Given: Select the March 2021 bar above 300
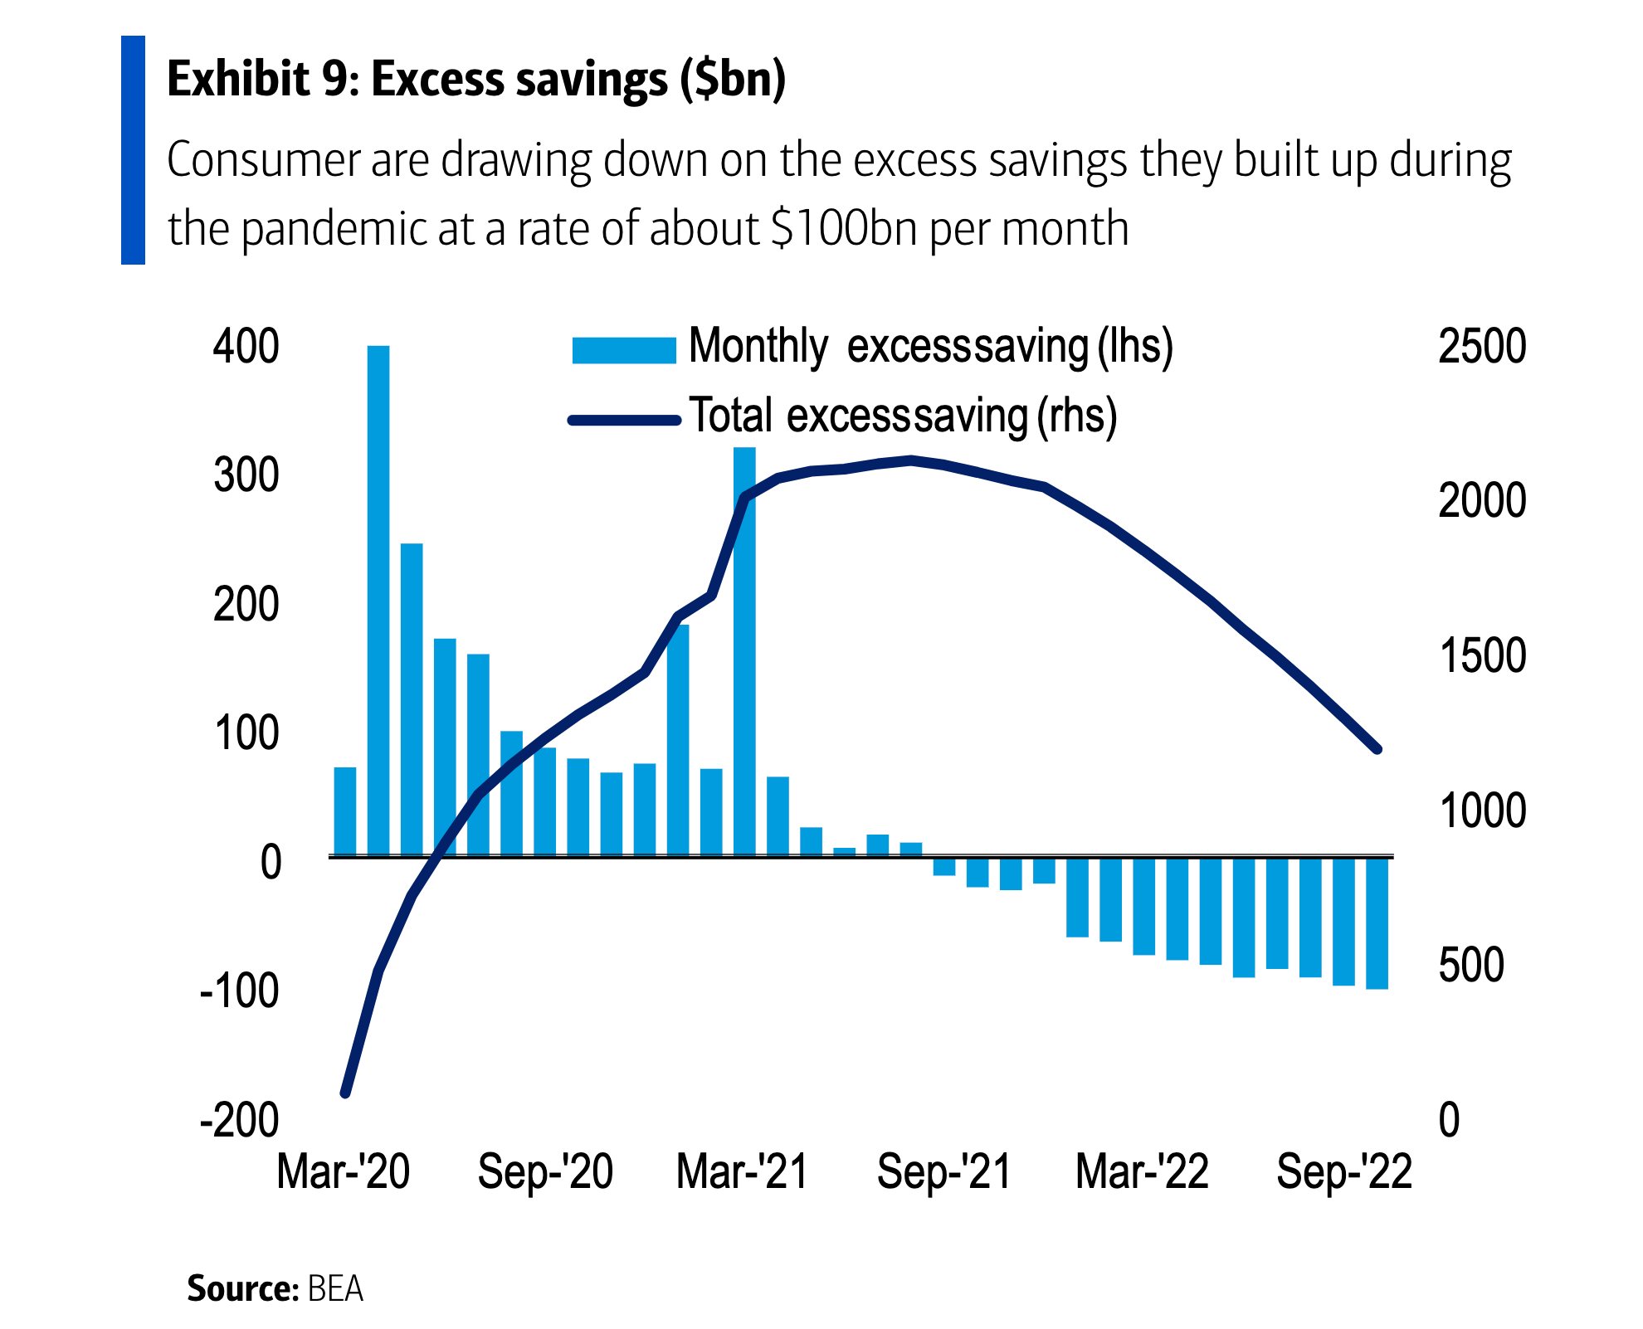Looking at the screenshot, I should click(x=744, y=651).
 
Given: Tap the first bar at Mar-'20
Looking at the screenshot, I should click(x=345, y=811).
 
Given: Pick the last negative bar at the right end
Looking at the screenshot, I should click(x=1377, y=923).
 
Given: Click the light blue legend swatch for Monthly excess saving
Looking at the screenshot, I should click(x=624, y=350).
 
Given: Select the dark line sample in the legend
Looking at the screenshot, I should click(x=624, y=421).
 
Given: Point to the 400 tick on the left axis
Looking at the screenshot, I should click(x=246, y=346).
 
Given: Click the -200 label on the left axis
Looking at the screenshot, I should click(x=240, y=1120).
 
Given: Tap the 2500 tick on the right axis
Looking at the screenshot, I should click(x=1482, y=346).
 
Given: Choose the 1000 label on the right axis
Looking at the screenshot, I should click(x=1482, y=811).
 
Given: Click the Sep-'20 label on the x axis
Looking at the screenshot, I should click(x=545, y=1172).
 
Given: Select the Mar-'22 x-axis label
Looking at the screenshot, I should click(x=1142, y=1172).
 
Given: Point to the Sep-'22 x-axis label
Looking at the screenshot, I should click(x=1344, y=1172).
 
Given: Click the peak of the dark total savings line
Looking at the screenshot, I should click(x=911, y=459).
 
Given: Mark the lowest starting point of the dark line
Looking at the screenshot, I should click(x=346, y=1093).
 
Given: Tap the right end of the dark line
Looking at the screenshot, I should click(x=1377, y=749).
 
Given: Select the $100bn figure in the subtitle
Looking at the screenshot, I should click(x=843, y=229).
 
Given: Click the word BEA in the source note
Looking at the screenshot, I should click(x=335, y=1288).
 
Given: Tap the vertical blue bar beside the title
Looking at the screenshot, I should click(x=133, y=150).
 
